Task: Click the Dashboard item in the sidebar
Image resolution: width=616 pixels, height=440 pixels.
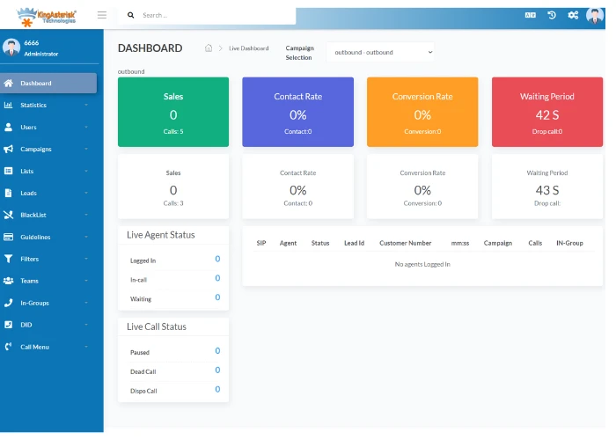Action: [x=48, y=83]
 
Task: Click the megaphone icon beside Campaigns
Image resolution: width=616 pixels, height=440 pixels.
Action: [x=8, y=149]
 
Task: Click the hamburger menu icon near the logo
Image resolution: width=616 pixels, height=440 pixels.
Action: [x=102, y=15]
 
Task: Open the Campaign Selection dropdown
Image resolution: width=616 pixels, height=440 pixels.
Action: [x=380, y=52]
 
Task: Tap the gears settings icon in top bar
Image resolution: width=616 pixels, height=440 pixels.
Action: [x=573, y=15]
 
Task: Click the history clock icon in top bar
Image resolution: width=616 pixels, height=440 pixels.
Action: [x=552, y=15]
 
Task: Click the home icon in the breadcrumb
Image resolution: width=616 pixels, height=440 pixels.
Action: [x=209, y=48]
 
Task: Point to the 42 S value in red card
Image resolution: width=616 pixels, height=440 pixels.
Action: [x=546, y=115]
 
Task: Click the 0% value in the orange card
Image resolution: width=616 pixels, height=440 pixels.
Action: [x=422, y=115]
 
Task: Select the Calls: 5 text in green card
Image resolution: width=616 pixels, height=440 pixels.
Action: [x=173, y=132]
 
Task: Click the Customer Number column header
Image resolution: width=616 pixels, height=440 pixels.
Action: [x=406, y=243]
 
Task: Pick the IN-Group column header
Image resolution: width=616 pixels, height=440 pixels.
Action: [x=569, y=243]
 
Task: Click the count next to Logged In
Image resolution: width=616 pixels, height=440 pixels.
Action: [x=217, y=259]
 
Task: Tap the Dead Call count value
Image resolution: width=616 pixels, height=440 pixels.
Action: [x=217, y=370]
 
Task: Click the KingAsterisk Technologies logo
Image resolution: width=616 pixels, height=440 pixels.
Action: [x=47, y=17]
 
